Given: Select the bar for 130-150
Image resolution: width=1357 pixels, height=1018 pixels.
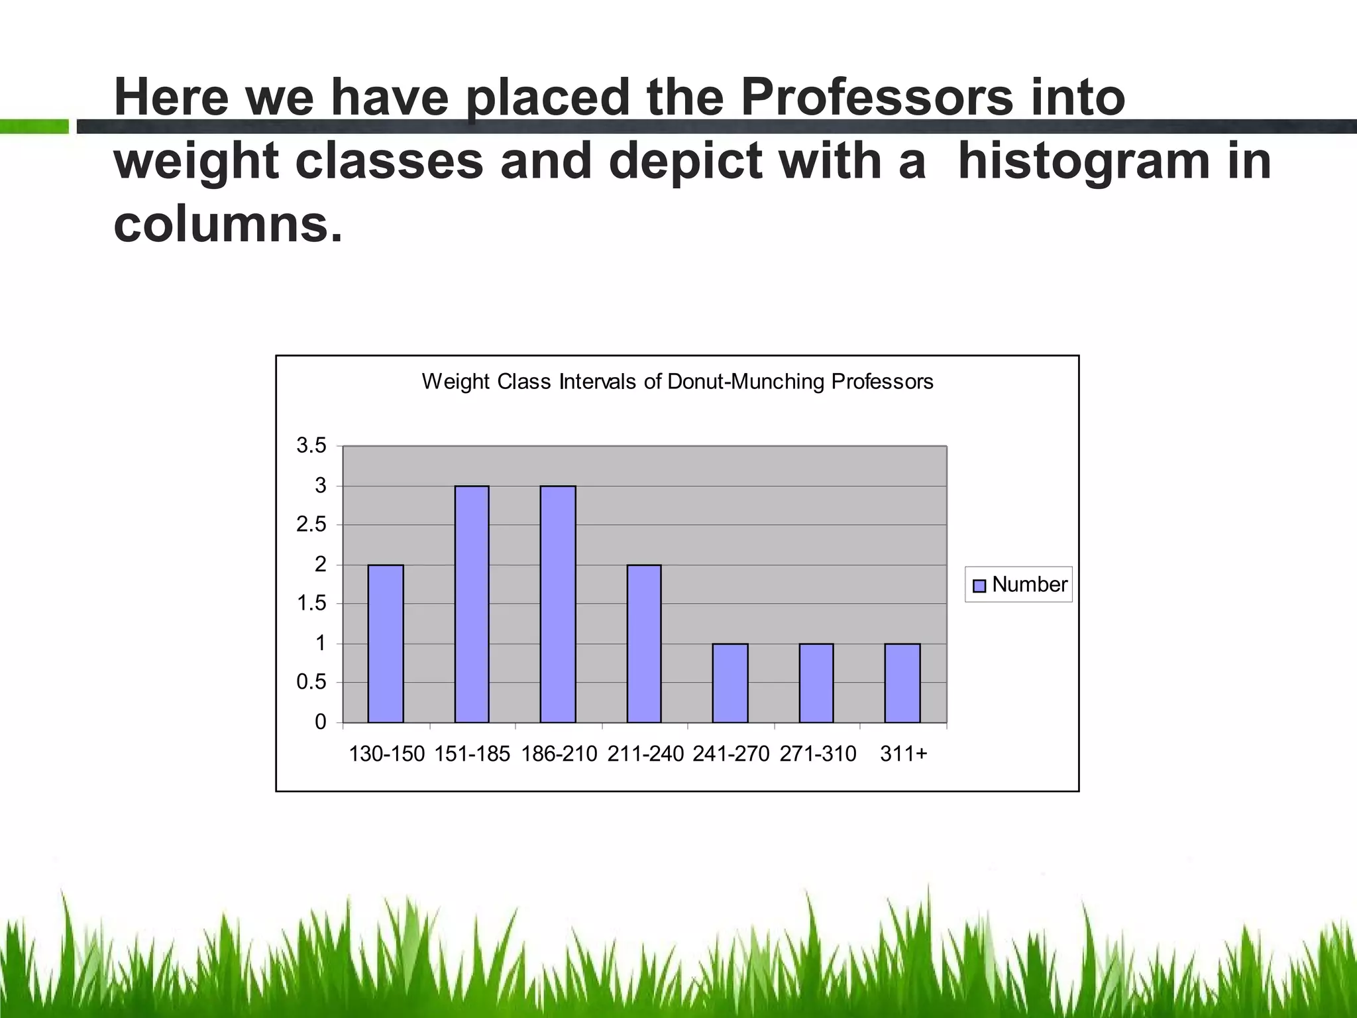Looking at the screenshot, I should [386, 644].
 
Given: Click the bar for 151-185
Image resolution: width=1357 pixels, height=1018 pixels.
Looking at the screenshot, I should [472, 604].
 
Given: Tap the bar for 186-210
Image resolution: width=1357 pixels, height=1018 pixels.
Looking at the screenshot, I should [558, 604].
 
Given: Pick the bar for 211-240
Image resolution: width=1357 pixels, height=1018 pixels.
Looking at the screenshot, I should [644, 644].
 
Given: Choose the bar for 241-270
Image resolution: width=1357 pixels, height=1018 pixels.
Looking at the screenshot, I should [730, 683].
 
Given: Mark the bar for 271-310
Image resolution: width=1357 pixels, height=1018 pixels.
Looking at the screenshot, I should [816, 683].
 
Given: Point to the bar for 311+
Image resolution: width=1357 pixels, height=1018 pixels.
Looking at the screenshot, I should [902, 683].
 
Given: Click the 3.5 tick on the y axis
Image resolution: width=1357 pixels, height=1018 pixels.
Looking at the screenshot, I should [311, 446].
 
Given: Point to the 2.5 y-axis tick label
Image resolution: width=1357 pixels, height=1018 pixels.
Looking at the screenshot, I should [311, 525].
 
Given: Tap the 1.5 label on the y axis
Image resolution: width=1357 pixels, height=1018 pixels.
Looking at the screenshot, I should [311, 604].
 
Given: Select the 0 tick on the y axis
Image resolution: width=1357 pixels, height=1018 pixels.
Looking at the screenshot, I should [321, 722].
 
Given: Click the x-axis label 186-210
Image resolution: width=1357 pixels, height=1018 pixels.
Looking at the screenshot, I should [559, 754].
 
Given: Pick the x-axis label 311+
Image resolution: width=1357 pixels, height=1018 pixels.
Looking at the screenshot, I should [904, 754].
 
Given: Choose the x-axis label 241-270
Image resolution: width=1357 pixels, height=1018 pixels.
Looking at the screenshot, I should [731, 754].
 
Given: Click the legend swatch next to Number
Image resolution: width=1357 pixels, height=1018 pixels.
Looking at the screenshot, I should [979, 586].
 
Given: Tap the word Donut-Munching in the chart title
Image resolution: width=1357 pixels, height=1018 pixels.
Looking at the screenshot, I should [746, 382].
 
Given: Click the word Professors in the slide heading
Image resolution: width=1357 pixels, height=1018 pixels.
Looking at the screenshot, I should [876, 97].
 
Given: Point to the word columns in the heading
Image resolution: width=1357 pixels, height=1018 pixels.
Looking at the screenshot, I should [228, 224].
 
